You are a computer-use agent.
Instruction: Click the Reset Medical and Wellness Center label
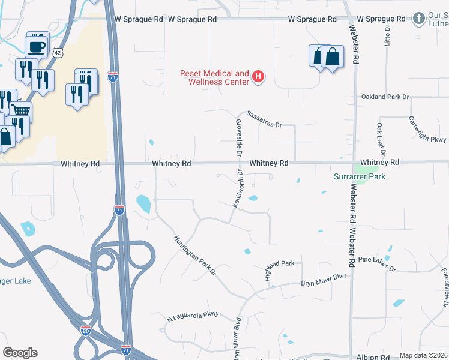(214, 77)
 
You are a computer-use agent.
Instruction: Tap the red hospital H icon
(258, 77)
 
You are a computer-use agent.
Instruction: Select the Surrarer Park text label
(360, 176)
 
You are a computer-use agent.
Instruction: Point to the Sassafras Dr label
(264, 119)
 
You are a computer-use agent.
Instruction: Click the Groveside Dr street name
(238, 137)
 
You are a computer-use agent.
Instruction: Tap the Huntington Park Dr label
(195, 255)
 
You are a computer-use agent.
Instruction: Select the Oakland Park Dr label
(385, 97)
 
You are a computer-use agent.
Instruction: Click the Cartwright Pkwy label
(429, 129)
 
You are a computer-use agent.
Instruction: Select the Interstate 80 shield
(86, 329)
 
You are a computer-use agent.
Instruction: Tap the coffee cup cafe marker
(37, 46)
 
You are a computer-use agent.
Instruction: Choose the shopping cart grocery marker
(22, 111)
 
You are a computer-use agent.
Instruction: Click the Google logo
(20, 353)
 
